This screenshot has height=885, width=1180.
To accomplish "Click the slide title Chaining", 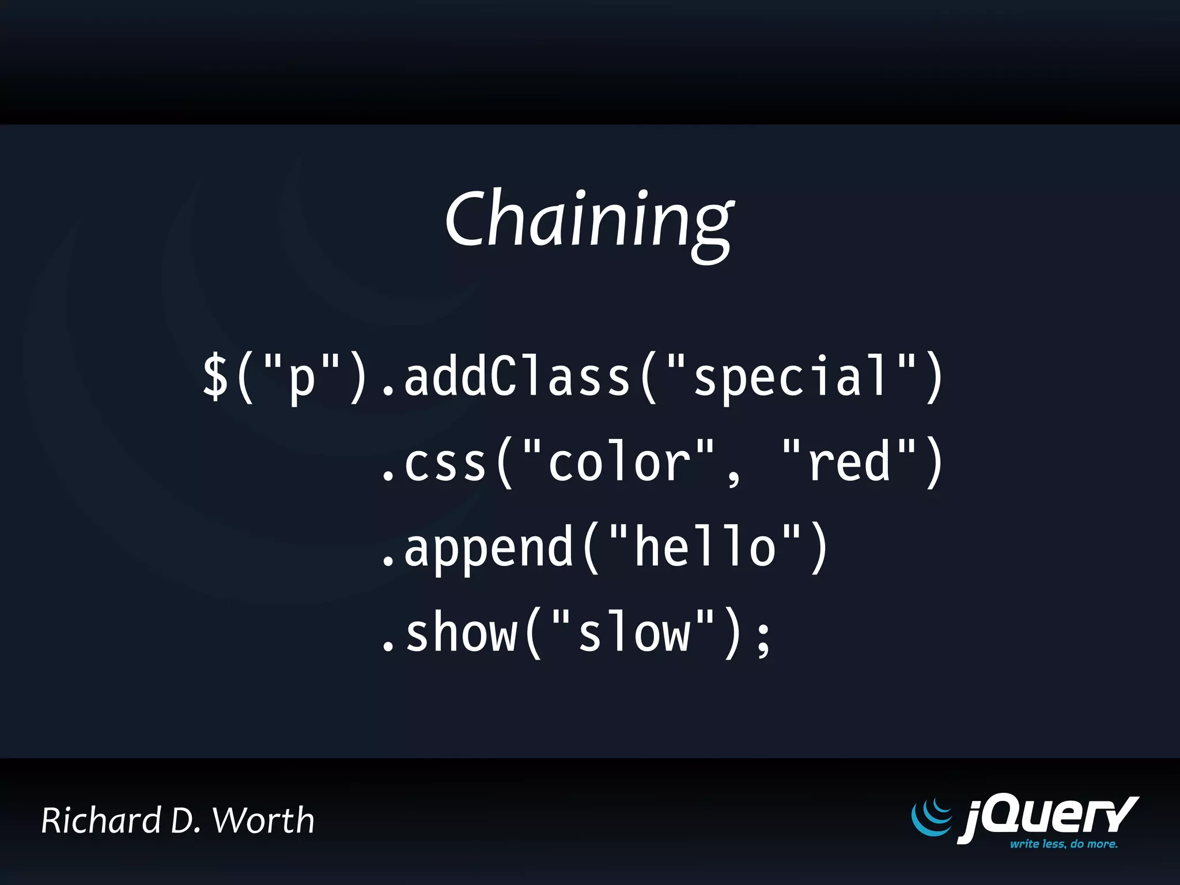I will tap(589, 222).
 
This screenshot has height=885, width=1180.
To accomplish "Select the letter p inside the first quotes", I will tap(301, 380).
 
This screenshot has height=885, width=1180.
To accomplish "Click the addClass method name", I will tap(517, 376).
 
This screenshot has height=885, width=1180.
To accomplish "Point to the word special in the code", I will tap(791, 377).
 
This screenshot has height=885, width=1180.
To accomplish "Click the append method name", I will tap(489, 549).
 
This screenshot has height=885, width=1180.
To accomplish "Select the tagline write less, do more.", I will tap(1064, 844).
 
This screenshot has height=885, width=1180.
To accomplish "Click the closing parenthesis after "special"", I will tap(935, 377).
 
